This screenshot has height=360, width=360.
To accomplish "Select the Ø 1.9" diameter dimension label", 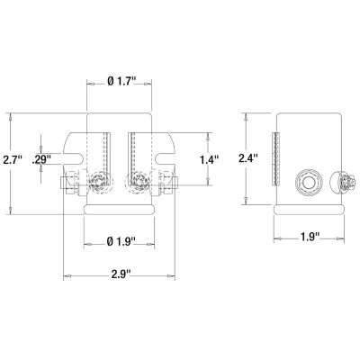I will tap(120, 240).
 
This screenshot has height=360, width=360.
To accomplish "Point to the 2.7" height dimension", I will tap(12, 159).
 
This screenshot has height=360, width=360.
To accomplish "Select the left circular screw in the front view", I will tap(97, 185).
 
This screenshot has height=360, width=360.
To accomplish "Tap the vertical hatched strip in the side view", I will tap(278, 158).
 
